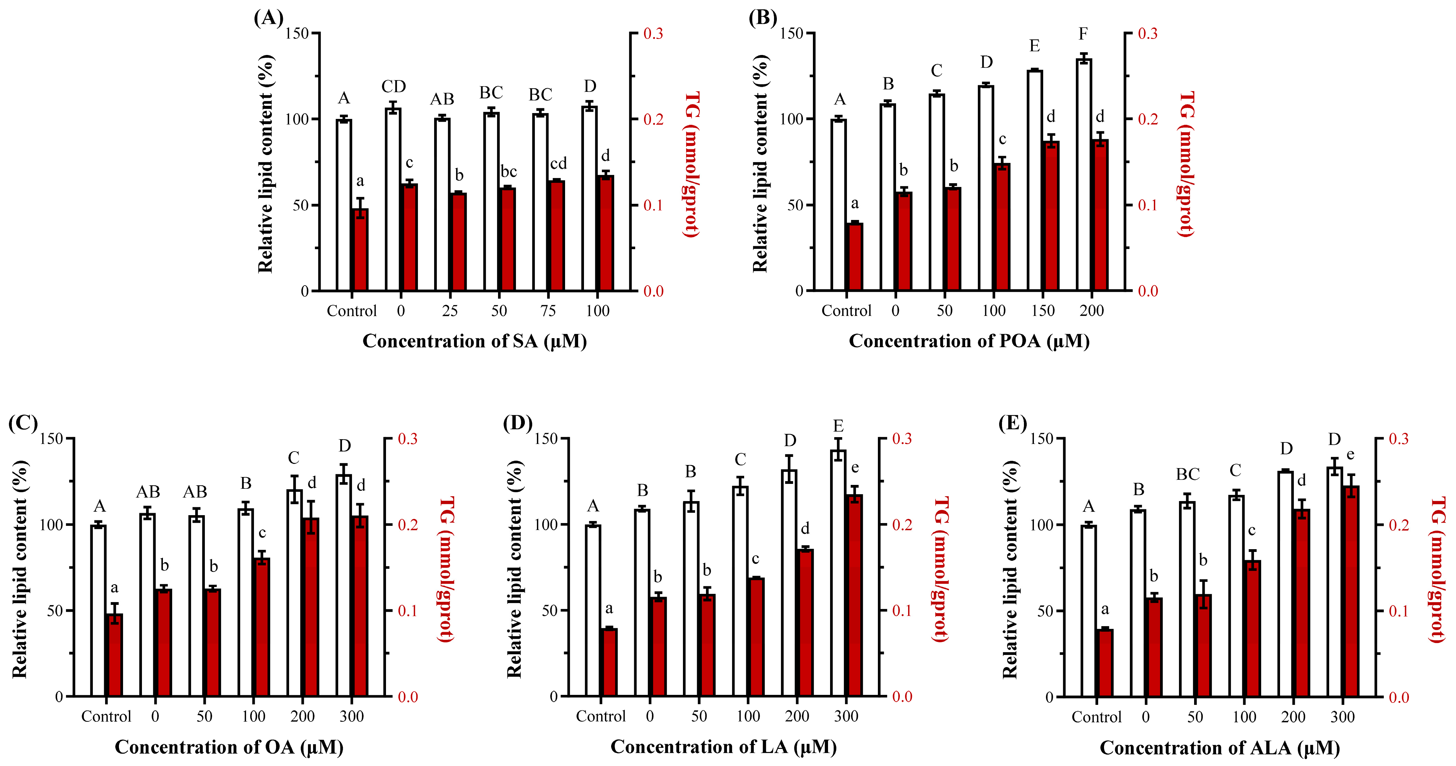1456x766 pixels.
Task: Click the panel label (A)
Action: click(x=268, y=18)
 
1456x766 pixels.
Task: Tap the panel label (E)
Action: click(x=1012, y=423)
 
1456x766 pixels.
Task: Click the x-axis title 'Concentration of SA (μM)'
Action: click(x=474, y=341)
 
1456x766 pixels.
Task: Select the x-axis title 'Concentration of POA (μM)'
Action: click(x=969, y=341)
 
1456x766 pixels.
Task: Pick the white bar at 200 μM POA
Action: click(x=1083, y=175)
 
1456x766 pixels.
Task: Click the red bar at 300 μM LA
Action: click(x=854, y=596)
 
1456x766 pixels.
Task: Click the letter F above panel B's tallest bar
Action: click(x=1083, y=34)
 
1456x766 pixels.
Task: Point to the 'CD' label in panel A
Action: click(x=394, y=87)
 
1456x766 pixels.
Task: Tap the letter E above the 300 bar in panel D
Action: click(x=838, y=426)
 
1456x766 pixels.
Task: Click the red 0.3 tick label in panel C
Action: click(x=408, y=439)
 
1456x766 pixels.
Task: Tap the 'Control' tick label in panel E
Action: click(x=1096, y=717)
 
